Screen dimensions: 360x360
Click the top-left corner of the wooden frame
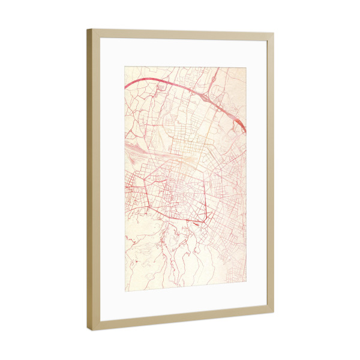point(88,29)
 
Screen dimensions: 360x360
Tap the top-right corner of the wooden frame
point(274,34)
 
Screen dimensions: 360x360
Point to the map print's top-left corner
point(125,65)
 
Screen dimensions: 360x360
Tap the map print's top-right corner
point(246,67)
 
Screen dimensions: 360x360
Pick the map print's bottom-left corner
point(125,292)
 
